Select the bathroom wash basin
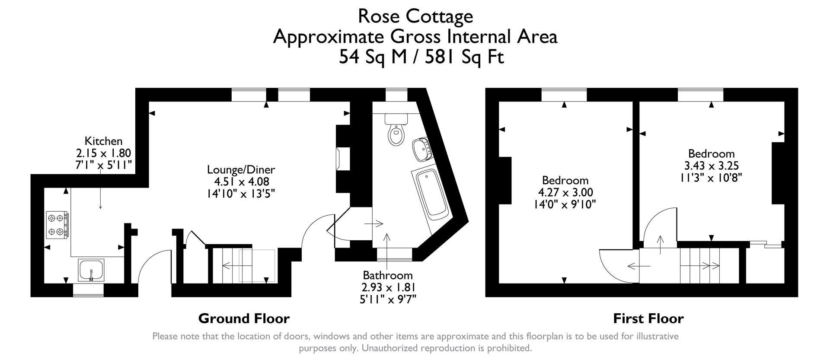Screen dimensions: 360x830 (421, 149)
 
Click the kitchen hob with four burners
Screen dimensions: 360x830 (57, 225)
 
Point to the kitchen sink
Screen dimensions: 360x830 (91, 270)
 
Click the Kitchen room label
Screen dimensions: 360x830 (103, 141)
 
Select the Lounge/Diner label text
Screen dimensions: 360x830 (241, 169)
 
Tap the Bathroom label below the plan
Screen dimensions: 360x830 (388, 275)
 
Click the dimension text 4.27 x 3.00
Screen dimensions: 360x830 (565, 192)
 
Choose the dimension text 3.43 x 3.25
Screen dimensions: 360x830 (711, 166)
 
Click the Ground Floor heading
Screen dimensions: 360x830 (244, 319)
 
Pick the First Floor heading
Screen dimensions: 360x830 (648, 319)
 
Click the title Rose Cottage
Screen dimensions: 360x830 (415, 16)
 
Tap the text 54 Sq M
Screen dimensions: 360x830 (372, 57)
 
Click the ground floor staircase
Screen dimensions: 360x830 (246, 265)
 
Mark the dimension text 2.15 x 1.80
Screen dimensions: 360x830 (103, 153)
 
